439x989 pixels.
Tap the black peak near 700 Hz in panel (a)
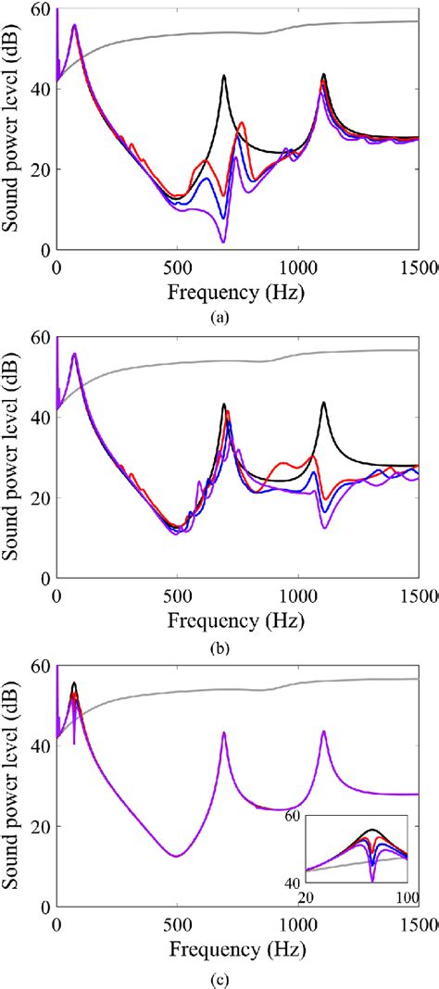[223, 76]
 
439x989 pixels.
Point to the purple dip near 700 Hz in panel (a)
[223, 242]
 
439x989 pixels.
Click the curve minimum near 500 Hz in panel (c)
[177, 856]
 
